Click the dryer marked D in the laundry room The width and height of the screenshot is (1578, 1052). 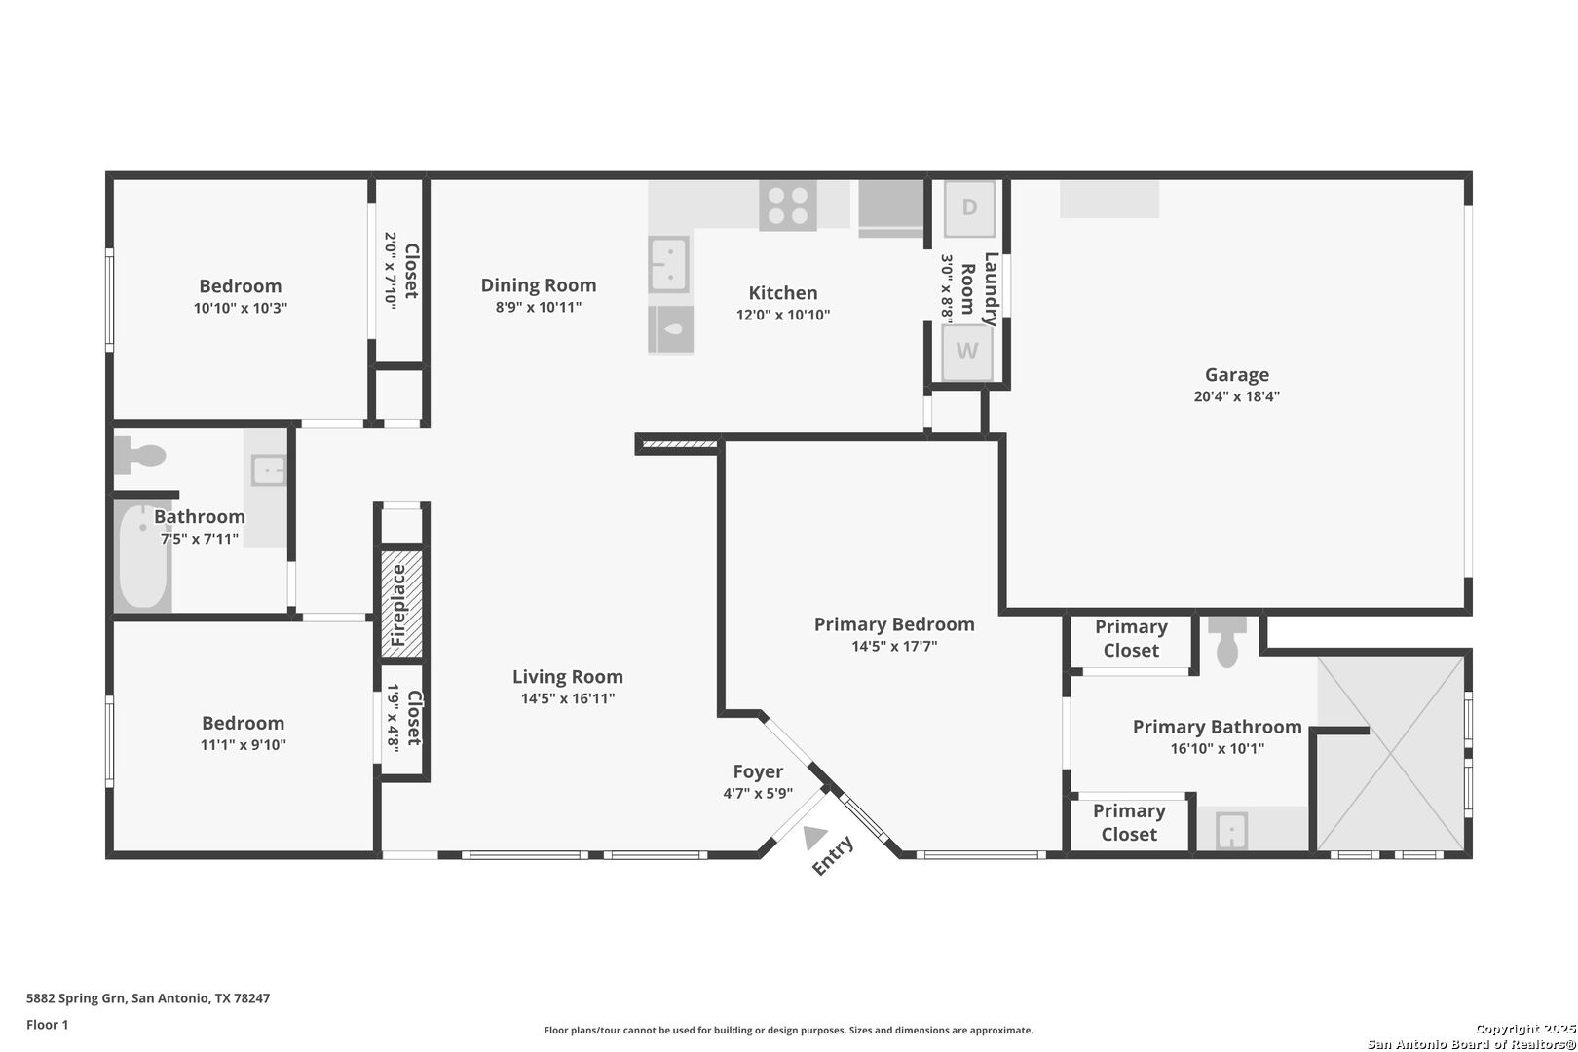click(x=969, y=208)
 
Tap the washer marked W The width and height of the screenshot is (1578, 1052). click(x=967, y=352)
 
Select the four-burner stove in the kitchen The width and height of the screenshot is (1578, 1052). click(x=788, y=206)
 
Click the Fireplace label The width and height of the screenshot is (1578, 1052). click(x=398, y=605)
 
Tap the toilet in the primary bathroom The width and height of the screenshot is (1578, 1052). click(x=1227, y=642)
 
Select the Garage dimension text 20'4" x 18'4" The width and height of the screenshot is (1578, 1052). click(x=1236, y=396)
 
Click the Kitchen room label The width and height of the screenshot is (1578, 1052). click(x=782, y=292)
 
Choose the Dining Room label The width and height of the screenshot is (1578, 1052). click(x=539, y=285)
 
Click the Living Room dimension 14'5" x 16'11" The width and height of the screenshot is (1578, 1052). click(x=568, y=699)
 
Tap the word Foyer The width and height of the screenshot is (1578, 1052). click(x=758, y=772)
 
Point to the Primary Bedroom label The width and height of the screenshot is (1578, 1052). click(x=894, y=624)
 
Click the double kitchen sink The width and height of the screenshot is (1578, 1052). click(x=668, y=264)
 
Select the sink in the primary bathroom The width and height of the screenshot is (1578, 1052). click(x=1231, y=831)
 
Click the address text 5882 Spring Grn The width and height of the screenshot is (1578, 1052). click(x=76, y=998)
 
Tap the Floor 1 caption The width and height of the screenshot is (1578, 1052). click(x=47, y=1025)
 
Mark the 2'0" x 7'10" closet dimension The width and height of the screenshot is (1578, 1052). click(x=391, y=271)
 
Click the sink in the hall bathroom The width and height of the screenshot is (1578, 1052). click(x=269, y=470)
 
